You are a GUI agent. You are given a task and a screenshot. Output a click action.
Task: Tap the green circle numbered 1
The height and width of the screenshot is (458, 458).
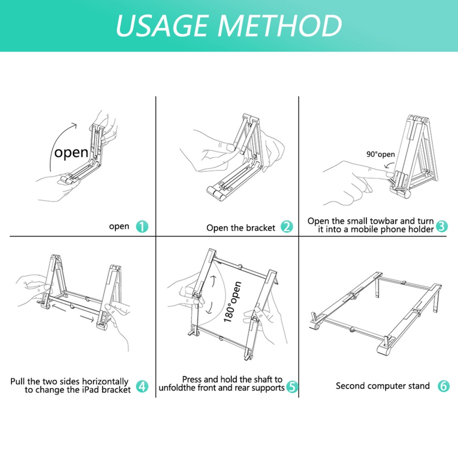[x=142, y=226]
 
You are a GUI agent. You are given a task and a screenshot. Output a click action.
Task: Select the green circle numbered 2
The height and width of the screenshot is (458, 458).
[x=287, y=226]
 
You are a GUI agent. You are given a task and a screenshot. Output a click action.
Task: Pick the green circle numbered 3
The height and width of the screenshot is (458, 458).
[x=441, y=226]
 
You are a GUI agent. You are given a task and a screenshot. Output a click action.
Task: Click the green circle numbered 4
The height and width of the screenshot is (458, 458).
[x=142, y=386]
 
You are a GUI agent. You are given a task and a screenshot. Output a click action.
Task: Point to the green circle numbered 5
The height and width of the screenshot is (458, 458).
[x=292, y=386]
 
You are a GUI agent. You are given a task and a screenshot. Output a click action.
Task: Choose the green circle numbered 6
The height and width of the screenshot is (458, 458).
[x=443, y=386]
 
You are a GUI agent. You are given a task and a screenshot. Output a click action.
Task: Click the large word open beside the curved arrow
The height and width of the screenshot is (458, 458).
[x=71, y=153]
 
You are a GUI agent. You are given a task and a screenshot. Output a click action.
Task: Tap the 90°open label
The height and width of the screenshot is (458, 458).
[x=381, y=154]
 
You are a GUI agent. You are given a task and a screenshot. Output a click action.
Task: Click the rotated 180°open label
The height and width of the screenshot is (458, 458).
[x=233, y=302]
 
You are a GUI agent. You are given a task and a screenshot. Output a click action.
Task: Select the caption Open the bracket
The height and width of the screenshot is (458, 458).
[x=241, y=228]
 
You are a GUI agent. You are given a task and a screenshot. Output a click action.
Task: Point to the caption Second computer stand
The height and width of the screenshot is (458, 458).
[x=383, y=386]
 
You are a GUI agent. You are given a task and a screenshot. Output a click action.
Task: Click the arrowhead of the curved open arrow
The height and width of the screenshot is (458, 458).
[x=75, y=125]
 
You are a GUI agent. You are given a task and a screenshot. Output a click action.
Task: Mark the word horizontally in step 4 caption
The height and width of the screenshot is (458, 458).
[x=105, y=382]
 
